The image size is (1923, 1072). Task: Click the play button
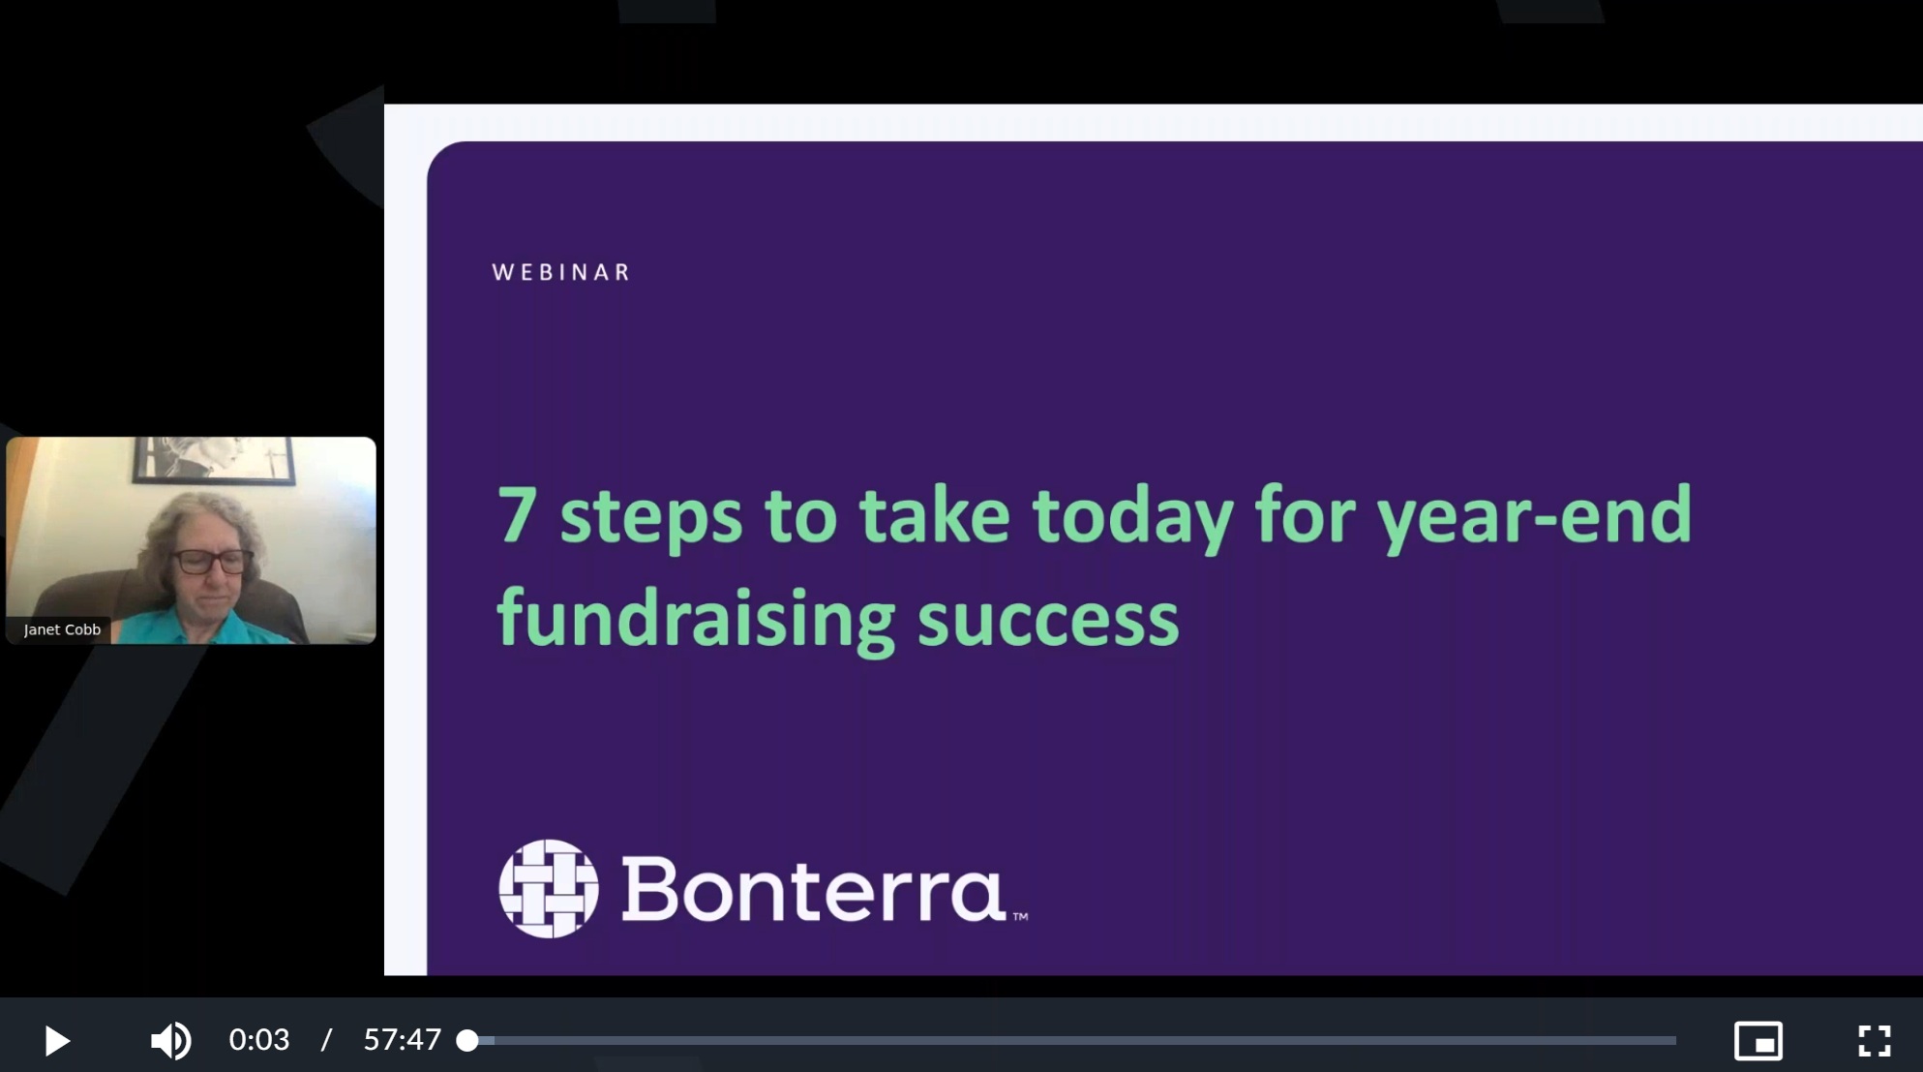point(57,1041)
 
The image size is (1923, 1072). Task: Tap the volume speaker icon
point(170,1041)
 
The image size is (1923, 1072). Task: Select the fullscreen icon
point(1875,1041)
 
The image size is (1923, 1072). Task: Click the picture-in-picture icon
point(1758,1041)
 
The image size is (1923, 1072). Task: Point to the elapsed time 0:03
point(259,1040)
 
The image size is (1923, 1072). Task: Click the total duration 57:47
point(403,1040)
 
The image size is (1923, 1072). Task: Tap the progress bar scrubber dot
point(467,1041)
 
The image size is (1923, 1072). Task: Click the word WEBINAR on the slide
point(561,272)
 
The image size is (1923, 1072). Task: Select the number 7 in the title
point(517,514)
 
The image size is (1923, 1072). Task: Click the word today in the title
point(1132,519)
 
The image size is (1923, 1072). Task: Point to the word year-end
point(1535,519)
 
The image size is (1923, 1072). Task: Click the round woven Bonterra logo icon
point(549,889)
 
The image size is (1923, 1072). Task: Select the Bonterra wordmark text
point(813,889)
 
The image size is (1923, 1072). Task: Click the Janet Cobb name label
point(62,629)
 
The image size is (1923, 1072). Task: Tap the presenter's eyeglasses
point(212,561)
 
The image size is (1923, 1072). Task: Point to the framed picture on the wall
point(214,459)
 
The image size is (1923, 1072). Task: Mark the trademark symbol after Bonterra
point(1020,916)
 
